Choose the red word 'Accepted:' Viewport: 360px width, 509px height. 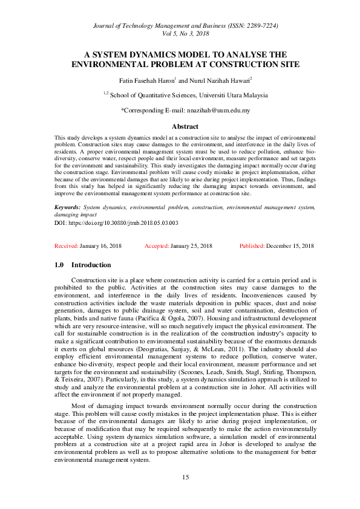[157, 246]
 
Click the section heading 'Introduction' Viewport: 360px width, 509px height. [91, 265]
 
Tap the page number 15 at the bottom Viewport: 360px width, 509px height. [186, 477]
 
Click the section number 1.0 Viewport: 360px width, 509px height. [59, 265]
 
